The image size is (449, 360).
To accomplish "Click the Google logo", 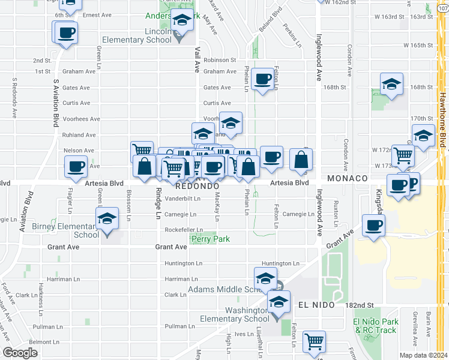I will tap(20, 353).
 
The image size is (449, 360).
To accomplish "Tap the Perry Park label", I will tap(210, 239).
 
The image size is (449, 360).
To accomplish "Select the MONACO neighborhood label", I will tap(347, 179).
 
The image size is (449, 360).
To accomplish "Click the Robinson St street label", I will tap(220, 60).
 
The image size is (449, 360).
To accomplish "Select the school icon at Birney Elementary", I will tap(107, 219).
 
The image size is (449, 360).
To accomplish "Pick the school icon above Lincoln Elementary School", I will tap(181, 21).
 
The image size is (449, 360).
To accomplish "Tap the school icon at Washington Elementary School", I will tap(278, 302).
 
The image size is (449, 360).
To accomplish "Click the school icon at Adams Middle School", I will tap(265, 280).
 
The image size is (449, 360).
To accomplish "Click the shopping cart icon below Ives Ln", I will tap(315, 342).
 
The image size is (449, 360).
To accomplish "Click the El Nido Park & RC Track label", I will tap(375, 326).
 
